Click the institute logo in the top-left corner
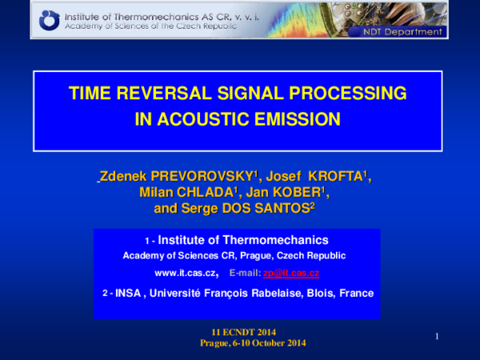coord(50,18)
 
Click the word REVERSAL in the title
coord(174,94)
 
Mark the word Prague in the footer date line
coord(214,342)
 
